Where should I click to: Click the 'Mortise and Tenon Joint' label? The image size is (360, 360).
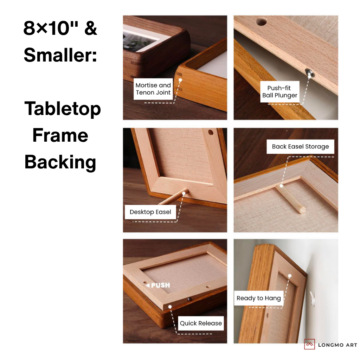(153, 89)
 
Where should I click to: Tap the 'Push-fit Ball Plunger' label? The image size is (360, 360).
(280, 92)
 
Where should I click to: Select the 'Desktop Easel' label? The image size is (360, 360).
(150, 212)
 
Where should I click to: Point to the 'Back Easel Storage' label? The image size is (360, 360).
(300, 147)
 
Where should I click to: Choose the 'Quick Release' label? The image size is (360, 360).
(201, 323)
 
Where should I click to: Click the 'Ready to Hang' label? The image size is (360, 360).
(258, 298)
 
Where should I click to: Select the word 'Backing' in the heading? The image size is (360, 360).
(60, 162)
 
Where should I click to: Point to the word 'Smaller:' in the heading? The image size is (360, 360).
(60, 55)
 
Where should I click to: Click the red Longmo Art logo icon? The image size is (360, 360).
(309, 345)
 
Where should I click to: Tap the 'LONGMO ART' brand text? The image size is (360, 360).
(337, 345)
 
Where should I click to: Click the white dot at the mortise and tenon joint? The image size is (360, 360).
(180, 80)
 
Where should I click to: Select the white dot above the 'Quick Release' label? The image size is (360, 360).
(170, 307)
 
